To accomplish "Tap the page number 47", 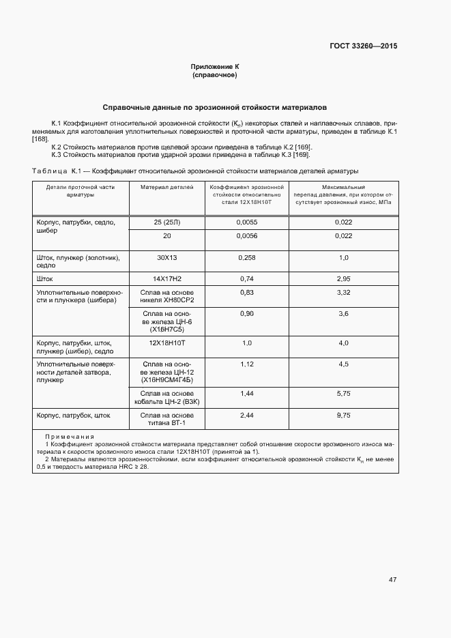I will pyautogui.click(x=392, y=579).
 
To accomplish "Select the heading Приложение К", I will pyautogui.click(x=215, y=66).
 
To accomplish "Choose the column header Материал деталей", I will pyautogui.click(x=167, y=186).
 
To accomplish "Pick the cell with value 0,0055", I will pyautogui.click(x=247, y=222).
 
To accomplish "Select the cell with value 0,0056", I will pyautogui.click(x=247, y=236).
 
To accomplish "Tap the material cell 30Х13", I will pyautogui.click(x=167, y=257).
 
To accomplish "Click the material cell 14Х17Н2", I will pyautogui.click(x=167, y=278).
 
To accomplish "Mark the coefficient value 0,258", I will pyautogui.click(x=247, y=257).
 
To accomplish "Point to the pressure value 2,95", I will pyautogui.click(x=344, y=278).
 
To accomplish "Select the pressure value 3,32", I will pyautogui.click(x=344, y=292).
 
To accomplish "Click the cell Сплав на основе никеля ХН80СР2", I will pyautogui.click(x=167, y=296).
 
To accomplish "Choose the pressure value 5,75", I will pyautogui.click(x=344, y=394).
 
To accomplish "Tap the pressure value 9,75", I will pyautogui.click(x=344, y=415).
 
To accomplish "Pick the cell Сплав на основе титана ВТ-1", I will pyautogui.click(x=167, y=419).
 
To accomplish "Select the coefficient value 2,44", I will pyautogui.click(x=247, y=415).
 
